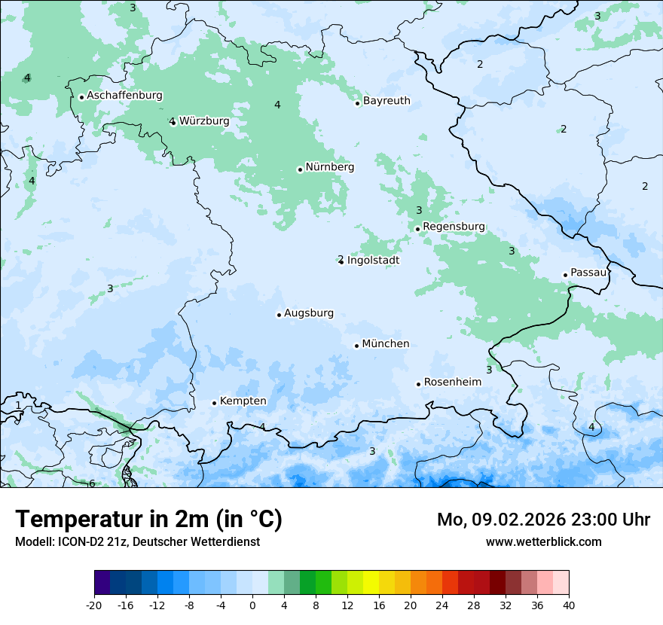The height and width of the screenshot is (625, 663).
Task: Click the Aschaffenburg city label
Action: click(124, 96)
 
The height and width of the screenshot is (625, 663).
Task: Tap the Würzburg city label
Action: click(204, 120)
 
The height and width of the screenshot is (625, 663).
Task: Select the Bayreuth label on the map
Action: click(386, 100)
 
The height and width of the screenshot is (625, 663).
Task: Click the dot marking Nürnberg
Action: click(300, 169)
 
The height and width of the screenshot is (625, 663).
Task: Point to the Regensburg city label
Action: click(454, 226)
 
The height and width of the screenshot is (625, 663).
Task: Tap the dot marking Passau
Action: click(565, 275)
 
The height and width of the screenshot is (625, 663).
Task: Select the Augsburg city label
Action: click(308, 312)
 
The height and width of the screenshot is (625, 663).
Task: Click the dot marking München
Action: click(356, 346)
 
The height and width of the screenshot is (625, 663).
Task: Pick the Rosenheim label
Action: click(452, 382)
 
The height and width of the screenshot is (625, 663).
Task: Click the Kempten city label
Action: click(243, 401)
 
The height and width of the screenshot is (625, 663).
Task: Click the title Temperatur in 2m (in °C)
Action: click(148, 520)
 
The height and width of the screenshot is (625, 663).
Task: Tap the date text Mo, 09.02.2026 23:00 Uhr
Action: click(543, 520)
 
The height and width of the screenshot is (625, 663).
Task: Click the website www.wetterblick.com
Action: click(543, 541)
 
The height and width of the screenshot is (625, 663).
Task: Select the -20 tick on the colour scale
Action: click(94, 605)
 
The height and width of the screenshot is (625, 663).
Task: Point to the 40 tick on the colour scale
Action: click(569, 605)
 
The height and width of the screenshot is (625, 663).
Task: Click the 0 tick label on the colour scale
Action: click(252, 605)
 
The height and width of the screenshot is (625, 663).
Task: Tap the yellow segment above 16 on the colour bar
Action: click(371, 582)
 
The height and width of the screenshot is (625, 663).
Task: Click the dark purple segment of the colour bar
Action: click(102, 582)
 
